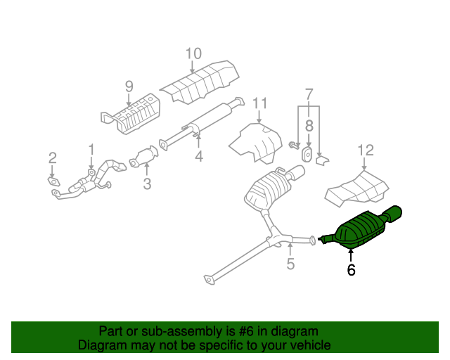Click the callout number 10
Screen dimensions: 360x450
click(x=193, y=53)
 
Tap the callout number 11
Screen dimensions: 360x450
click(x=260, y=104)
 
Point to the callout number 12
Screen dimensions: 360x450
click(x=366, y=150)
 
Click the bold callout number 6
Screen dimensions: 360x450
click(x=351, y=269)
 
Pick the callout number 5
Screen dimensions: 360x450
click(x=290, y=264)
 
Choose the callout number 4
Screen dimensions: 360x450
click(x=199, y=157)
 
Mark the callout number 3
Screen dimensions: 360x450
click(x=147, y=185)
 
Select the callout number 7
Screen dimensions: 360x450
click(x=308, y=94)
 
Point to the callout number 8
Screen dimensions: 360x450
click(x=308, y=127)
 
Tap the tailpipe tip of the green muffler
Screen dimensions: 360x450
click(x=395, y=212)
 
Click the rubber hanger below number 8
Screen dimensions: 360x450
click(x=308, y=154)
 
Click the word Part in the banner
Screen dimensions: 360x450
click(x=110, y=331)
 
